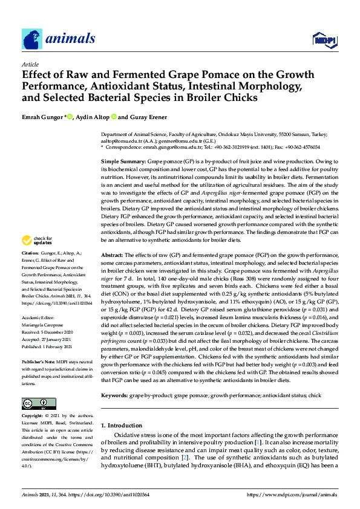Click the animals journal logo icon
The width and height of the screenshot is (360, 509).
(32, 39)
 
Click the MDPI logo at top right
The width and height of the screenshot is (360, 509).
(326, 40)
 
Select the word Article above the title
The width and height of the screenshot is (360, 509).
(30, 64)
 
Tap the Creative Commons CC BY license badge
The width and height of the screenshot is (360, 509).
(39, 404)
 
